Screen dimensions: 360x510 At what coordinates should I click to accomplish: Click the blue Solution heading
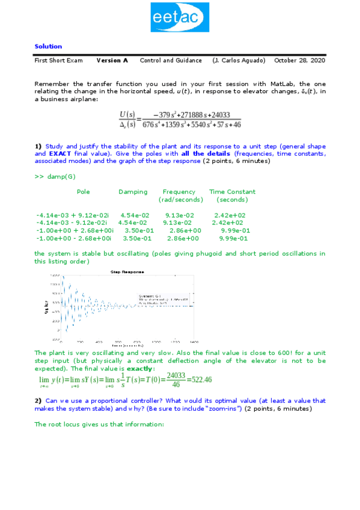48,46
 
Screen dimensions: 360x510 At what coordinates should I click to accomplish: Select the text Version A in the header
112,61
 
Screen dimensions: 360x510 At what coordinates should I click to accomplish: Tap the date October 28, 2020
299,61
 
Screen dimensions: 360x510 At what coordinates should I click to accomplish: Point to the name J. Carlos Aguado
239,61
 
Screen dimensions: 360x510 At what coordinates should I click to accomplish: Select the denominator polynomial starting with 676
192,124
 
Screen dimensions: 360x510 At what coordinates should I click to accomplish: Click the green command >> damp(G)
55,177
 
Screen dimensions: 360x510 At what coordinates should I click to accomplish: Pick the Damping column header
133,192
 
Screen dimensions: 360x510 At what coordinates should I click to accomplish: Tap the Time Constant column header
232,192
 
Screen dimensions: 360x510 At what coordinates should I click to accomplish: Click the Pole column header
84,192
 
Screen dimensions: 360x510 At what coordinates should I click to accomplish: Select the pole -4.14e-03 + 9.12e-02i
73,215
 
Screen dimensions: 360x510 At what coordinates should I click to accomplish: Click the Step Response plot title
127,272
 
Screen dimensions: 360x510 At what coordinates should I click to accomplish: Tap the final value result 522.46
202,379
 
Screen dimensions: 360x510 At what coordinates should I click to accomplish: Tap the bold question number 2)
38,401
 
